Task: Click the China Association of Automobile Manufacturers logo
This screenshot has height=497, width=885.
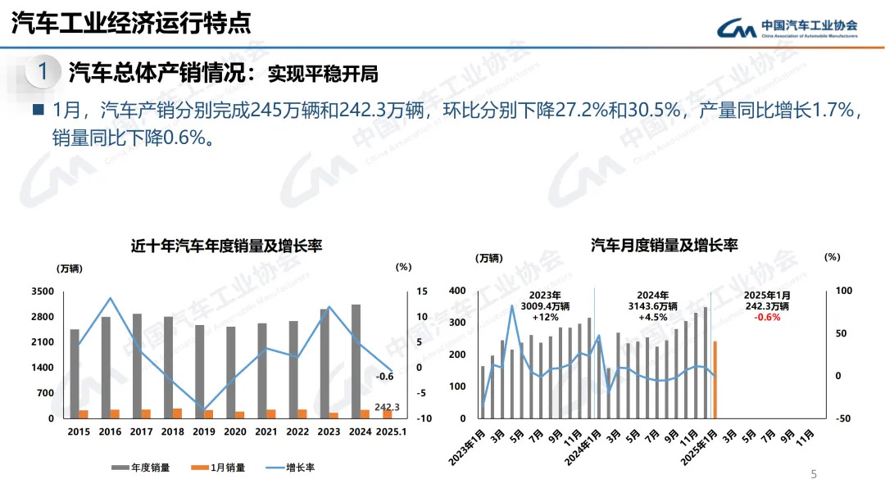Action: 787,28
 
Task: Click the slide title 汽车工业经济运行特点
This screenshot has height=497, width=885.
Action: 131,23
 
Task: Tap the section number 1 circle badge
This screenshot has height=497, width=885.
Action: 43,72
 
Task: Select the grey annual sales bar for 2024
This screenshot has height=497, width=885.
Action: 356,361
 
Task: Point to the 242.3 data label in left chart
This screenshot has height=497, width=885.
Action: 387,407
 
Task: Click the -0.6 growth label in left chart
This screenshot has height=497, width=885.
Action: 384,377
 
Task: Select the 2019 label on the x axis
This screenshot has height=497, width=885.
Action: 204,432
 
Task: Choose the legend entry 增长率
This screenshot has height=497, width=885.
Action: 291,468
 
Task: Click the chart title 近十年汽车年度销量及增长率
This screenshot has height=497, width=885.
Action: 226,246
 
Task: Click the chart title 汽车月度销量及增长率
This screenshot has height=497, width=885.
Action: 664,246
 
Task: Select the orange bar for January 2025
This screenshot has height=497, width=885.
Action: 715,379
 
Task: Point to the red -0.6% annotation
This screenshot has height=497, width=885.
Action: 767,318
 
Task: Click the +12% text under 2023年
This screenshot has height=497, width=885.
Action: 545,318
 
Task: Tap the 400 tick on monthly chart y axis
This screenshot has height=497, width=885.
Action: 457,291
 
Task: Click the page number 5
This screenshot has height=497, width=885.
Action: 814,474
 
